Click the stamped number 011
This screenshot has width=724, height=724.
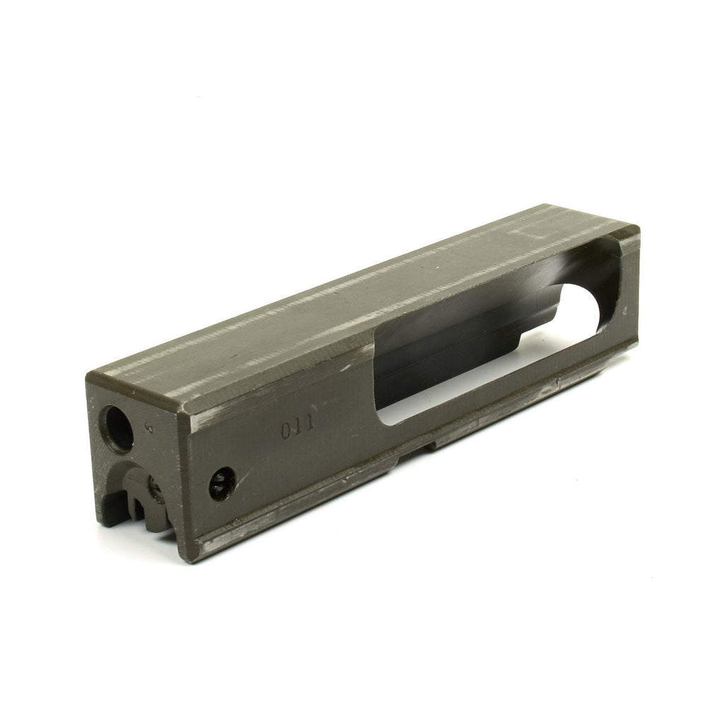tap(298, 428)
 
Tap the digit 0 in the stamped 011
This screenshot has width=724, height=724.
tap(286, 431)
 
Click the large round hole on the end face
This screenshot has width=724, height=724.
tap(119, 428)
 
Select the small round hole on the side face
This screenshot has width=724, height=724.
tap(223, 484)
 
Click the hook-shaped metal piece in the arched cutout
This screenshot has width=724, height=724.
tap(138, 495)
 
